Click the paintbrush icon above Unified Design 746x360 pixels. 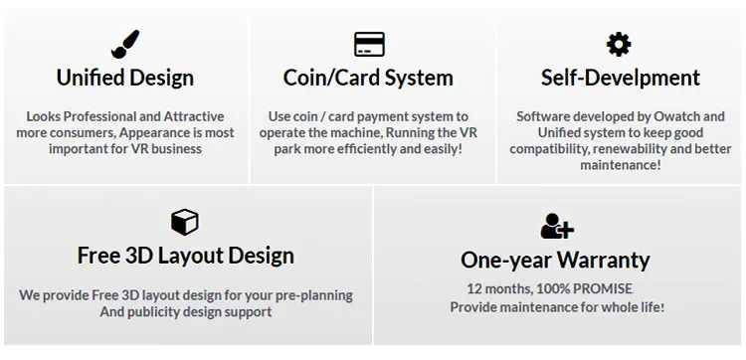pyautogui.click(x=125, y=44)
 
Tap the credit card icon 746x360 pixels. pyautogui.click(x=369, y=44)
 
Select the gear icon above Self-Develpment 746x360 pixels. pyautogui.click(x=619, y=44)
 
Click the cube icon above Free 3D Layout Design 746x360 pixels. pyautogui.click(x=185, y=222)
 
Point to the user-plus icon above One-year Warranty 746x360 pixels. pyautogui.click(x=557, y=226)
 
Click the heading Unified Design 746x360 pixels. pyautogui.click(x=125, y=78)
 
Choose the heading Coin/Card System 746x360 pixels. pyautogui.click(x=368, y=78)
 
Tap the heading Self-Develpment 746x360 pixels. pyautogui.click(x=621, y=78)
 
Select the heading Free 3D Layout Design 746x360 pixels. pyautogui.click(x=186, y=256)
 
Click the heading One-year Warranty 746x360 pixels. pyautogui.click(x=555, y=261)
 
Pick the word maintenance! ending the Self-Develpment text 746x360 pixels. pyautogui.click(x=621, y=165)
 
